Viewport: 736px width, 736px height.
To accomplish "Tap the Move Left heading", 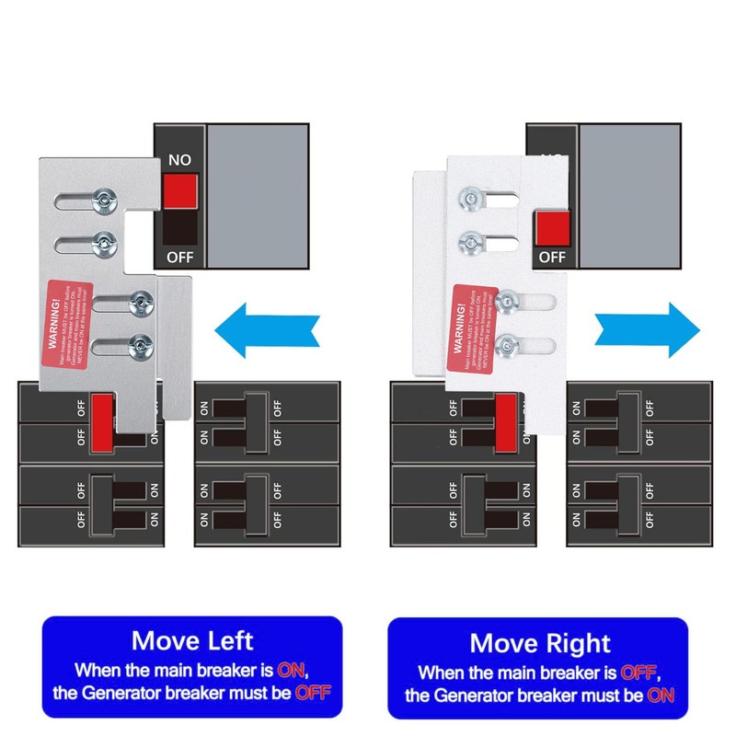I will (x=192, y=639).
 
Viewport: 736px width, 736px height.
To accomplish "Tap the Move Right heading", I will (x=540, y=642).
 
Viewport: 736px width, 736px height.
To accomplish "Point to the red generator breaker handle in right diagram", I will (x=505, y=423).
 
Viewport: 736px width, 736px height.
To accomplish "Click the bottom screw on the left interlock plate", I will (x=140, y=345).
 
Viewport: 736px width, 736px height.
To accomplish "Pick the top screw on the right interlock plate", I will (x=469, y=195).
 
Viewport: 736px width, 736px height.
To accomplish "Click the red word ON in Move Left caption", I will (x=293, y=669).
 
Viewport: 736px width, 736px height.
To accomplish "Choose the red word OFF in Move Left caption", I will (x=311, y=692).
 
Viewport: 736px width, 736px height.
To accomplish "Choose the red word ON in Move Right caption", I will (x=660, y=696).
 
